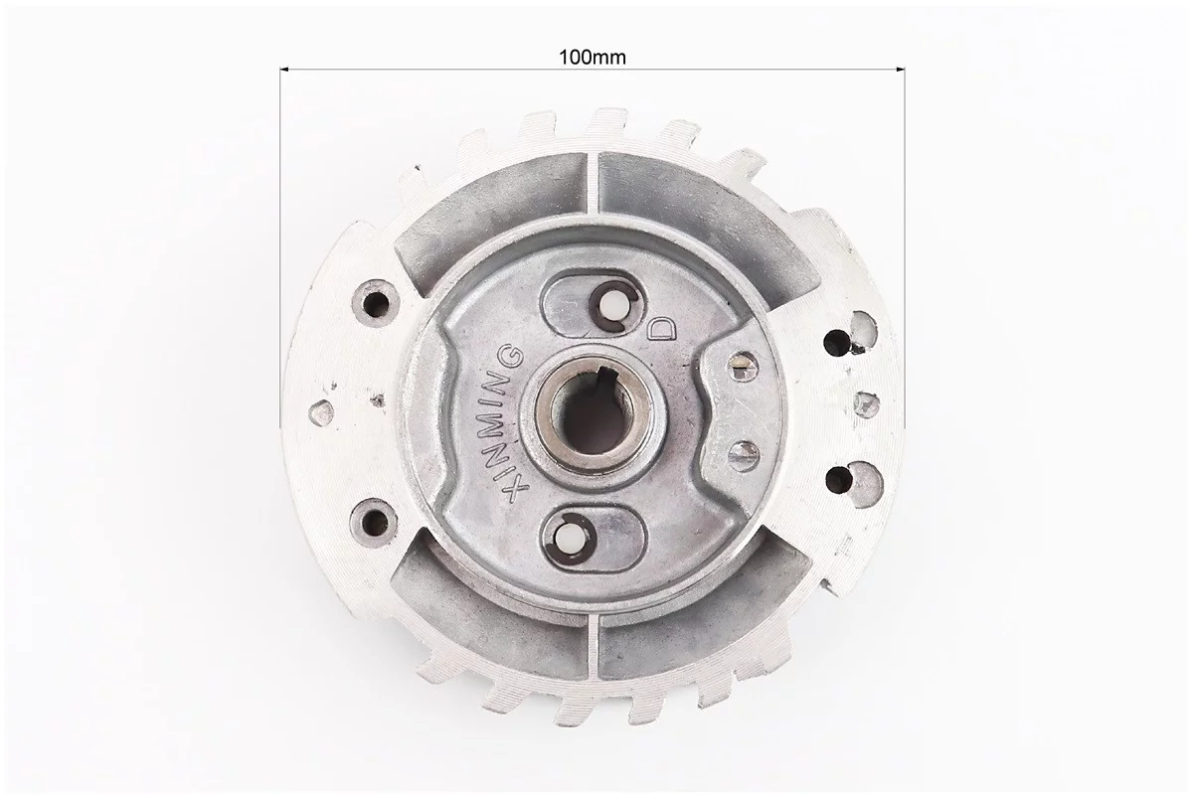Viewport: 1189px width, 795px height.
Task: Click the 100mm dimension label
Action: pos(593,56)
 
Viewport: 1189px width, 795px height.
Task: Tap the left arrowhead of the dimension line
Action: pos(285,70)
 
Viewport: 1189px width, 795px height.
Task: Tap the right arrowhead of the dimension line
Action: pos(902,70)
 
